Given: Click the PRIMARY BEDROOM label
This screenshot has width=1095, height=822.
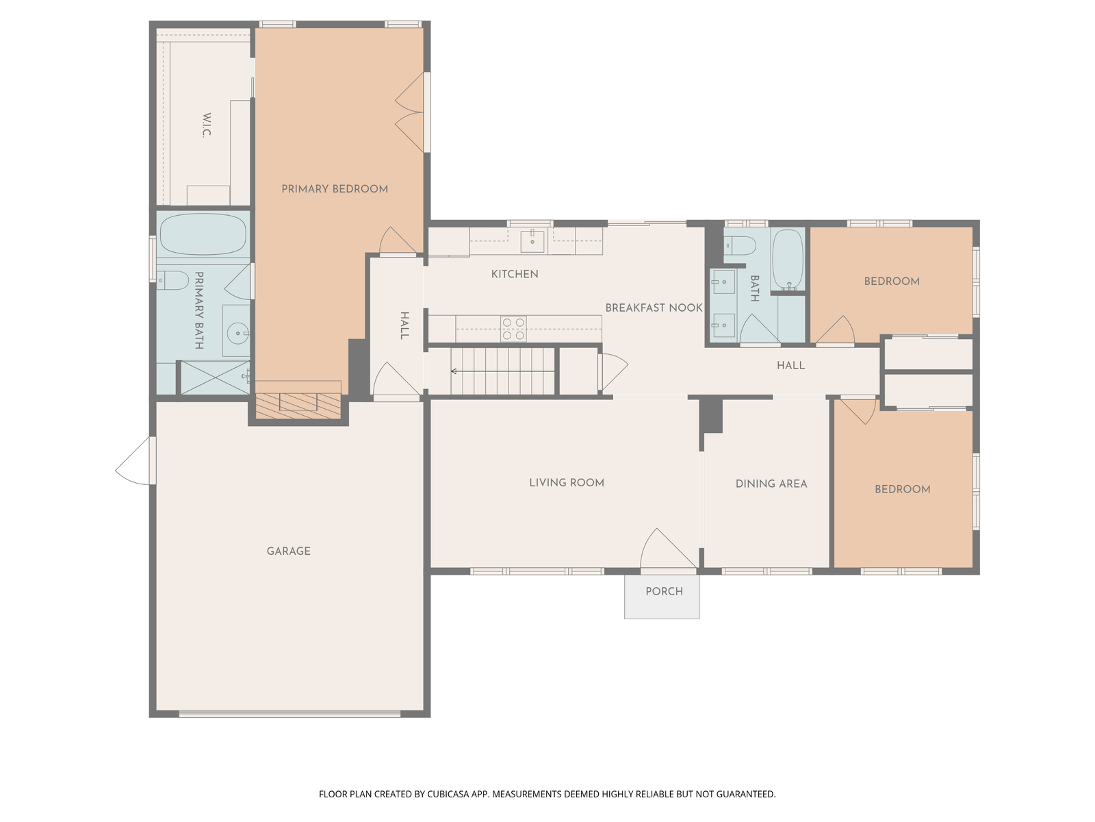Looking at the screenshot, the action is tap(335, 189).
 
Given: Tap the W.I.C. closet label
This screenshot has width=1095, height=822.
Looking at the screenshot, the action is tap(207, 125).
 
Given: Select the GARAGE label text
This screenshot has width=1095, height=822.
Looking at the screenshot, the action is tap(288, 551).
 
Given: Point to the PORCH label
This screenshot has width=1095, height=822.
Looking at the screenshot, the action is tap(664, 591).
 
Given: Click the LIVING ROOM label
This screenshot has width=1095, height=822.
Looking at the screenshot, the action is tap(567, 483).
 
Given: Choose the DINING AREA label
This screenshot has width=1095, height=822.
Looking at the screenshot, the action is tap(771, 484).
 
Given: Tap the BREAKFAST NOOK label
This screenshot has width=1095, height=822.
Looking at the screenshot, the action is tap(654, 308).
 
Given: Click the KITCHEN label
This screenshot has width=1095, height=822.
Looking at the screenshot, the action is tap(515, 274).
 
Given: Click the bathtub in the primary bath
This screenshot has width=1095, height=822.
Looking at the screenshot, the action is tap(203, 234).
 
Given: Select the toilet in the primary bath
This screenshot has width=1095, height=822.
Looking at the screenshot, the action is tap(172, 280).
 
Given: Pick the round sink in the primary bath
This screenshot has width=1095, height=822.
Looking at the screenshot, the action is tap(238, 333).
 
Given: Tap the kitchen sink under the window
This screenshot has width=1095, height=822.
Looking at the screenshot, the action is tap(532, 242).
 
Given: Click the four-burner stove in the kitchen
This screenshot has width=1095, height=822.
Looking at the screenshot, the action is tap(513, 329).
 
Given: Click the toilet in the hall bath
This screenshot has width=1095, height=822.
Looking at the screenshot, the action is tap(740, 245).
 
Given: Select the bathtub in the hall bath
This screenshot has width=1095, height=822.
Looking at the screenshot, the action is tap(788, 260).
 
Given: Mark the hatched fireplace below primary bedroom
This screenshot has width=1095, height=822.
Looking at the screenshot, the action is tap(298, 406).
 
